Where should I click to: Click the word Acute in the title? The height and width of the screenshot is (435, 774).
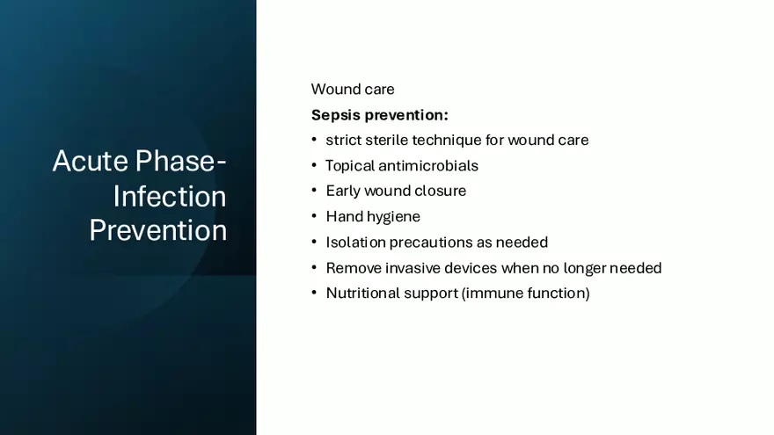(90, 162)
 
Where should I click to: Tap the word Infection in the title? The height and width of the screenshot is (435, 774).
(170, 196)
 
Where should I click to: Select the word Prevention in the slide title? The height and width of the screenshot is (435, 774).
(158, 230)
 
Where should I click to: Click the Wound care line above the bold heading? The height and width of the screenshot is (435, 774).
(353, 90)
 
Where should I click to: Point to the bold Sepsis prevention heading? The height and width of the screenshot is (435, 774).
(380, 115)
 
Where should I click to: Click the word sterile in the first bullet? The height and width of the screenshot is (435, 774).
(387, 140)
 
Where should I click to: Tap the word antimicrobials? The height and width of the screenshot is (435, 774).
(428, 166)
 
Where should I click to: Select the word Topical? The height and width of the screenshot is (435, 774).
(350, 166)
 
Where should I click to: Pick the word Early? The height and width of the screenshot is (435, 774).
(343, 192)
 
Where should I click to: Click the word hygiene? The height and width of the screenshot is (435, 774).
(396, 217)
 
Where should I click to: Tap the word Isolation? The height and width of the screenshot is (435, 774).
(355, 243)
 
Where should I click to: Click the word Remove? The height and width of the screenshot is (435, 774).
(354, 268)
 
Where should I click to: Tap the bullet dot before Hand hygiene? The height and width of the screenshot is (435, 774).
(314, 216)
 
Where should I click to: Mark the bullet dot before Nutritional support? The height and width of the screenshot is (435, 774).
(314, 293)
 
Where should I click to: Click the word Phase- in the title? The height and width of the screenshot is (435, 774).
(180, 162)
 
